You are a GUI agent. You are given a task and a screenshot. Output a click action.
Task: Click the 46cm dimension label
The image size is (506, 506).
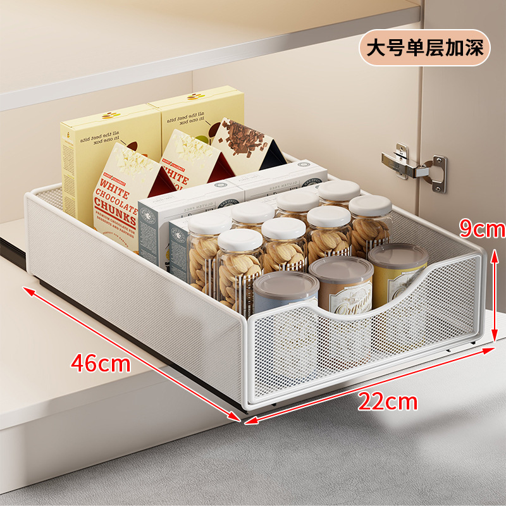tap(101, 364)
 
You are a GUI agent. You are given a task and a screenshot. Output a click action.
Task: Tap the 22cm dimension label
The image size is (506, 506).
tap(388, 400)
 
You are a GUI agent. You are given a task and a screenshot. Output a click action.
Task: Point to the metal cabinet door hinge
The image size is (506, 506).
tap(415, 166)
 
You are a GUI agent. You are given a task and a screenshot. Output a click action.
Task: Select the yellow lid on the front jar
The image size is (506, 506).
tap(398, 256)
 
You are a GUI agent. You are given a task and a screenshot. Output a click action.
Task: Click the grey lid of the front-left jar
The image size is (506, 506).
tap(286, 284)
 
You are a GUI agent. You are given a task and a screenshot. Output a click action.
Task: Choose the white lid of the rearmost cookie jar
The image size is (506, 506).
tap(339, 190)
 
